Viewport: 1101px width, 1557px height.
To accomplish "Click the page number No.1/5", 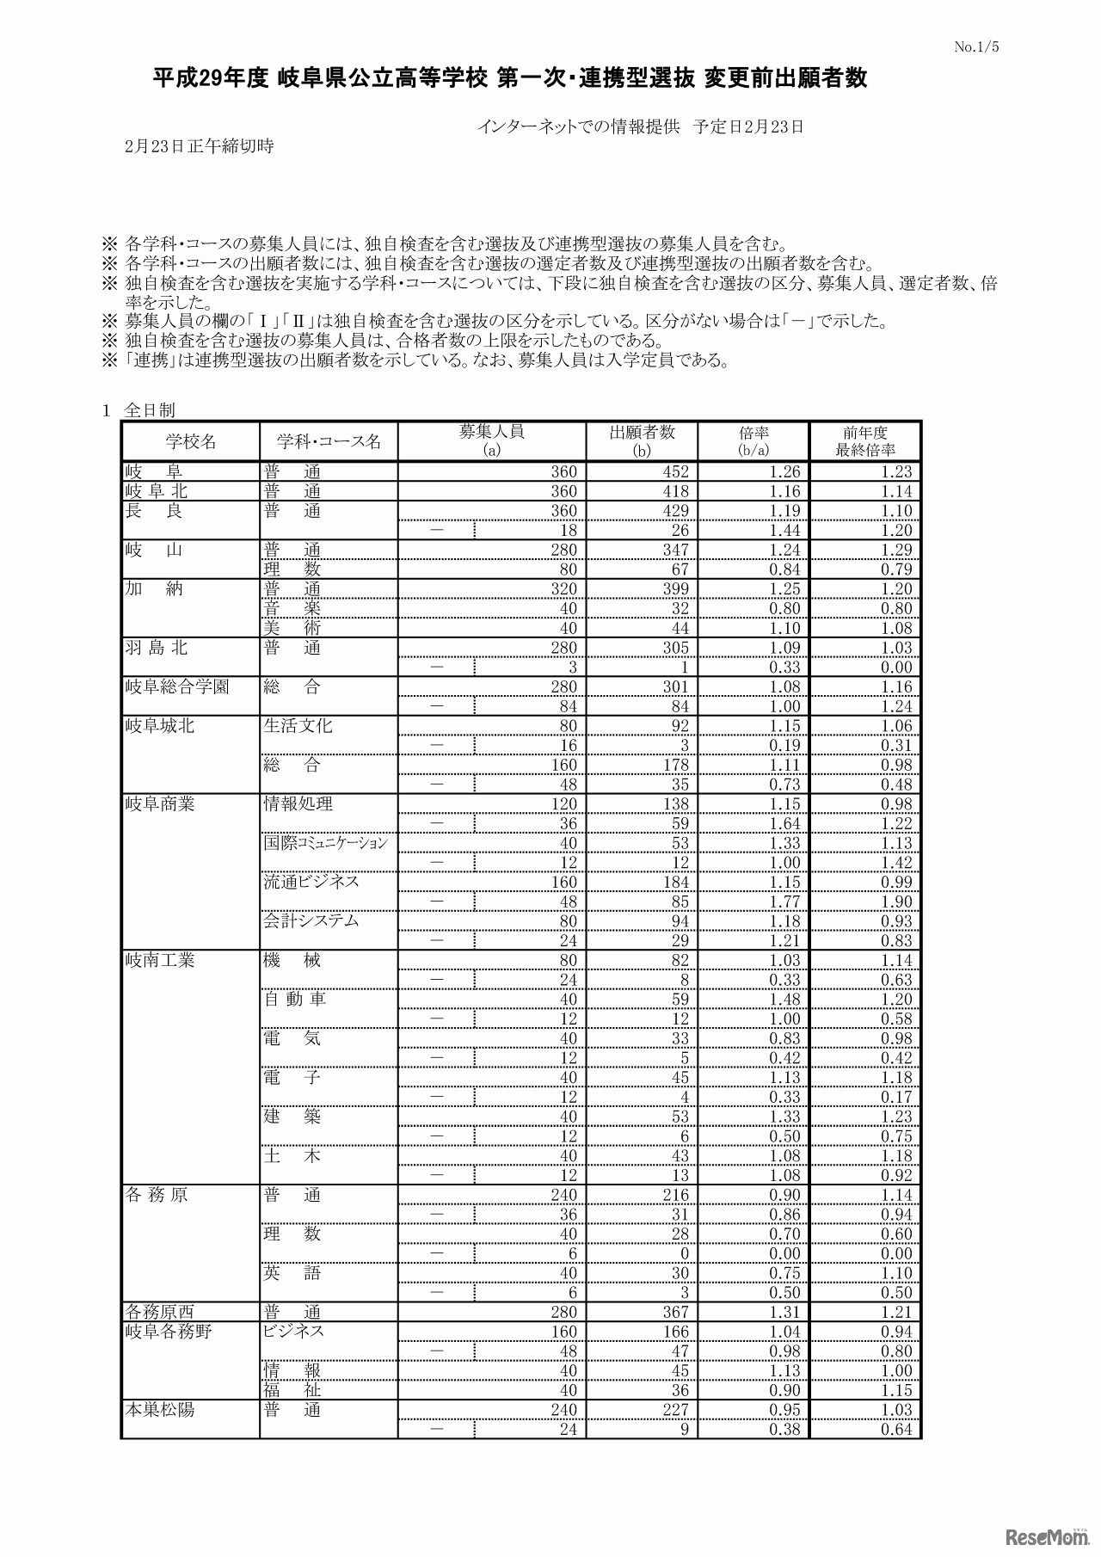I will coord(976,47).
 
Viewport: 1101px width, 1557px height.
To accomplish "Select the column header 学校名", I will coord(191,442).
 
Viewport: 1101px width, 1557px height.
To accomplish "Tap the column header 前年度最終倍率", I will coord(864,441).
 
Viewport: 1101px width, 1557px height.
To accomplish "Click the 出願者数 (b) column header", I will coord(642,441).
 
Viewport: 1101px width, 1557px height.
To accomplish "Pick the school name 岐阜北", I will coord(157,491).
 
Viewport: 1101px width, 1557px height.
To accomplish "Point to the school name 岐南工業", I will coord(160,960).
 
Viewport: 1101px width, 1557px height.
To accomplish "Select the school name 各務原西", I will coord(160,1312).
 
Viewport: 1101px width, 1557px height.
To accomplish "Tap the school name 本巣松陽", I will coord(160,1410).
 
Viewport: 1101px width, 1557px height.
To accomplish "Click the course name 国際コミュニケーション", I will coord(326,843).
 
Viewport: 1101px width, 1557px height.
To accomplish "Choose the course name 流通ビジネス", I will coord(311,882).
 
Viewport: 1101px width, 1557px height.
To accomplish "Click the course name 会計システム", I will coord(311,920).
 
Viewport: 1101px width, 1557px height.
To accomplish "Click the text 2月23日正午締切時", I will coord(199,146).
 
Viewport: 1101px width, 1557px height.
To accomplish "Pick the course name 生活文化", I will coord(298,725).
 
